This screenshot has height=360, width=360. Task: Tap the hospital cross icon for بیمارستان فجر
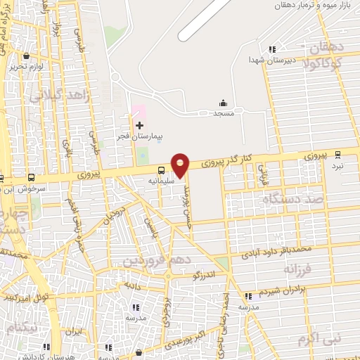(139, 124)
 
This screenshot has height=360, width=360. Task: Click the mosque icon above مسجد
(224, 103)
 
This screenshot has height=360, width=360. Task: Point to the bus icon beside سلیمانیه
(162, 169)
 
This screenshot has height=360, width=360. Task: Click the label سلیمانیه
(162, 180)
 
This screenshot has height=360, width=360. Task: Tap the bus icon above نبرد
(338, 154)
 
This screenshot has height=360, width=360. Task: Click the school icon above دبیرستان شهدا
(271, 49)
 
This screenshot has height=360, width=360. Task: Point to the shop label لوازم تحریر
(27, 67)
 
